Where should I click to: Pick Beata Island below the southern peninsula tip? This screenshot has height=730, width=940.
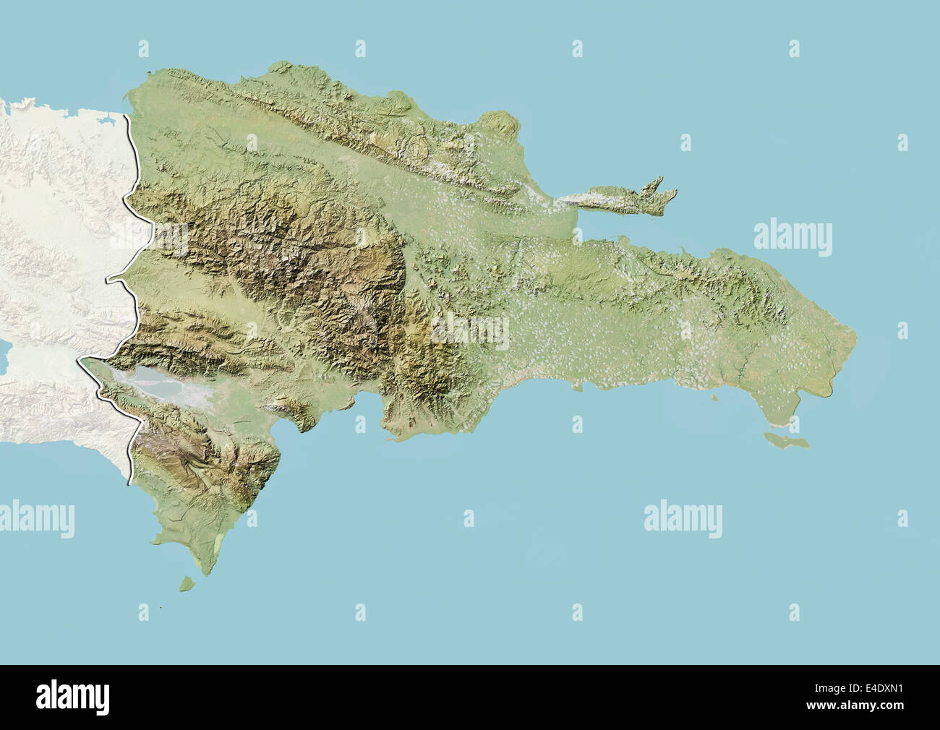188,581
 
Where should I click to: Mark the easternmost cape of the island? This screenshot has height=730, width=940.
856,336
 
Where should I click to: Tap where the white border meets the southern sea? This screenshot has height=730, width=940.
130,481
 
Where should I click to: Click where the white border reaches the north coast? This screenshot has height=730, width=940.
129,114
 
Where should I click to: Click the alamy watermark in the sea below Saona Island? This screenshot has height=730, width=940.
683,518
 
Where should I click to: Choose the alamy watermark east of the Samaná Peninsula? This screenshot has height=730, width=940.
792,236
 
